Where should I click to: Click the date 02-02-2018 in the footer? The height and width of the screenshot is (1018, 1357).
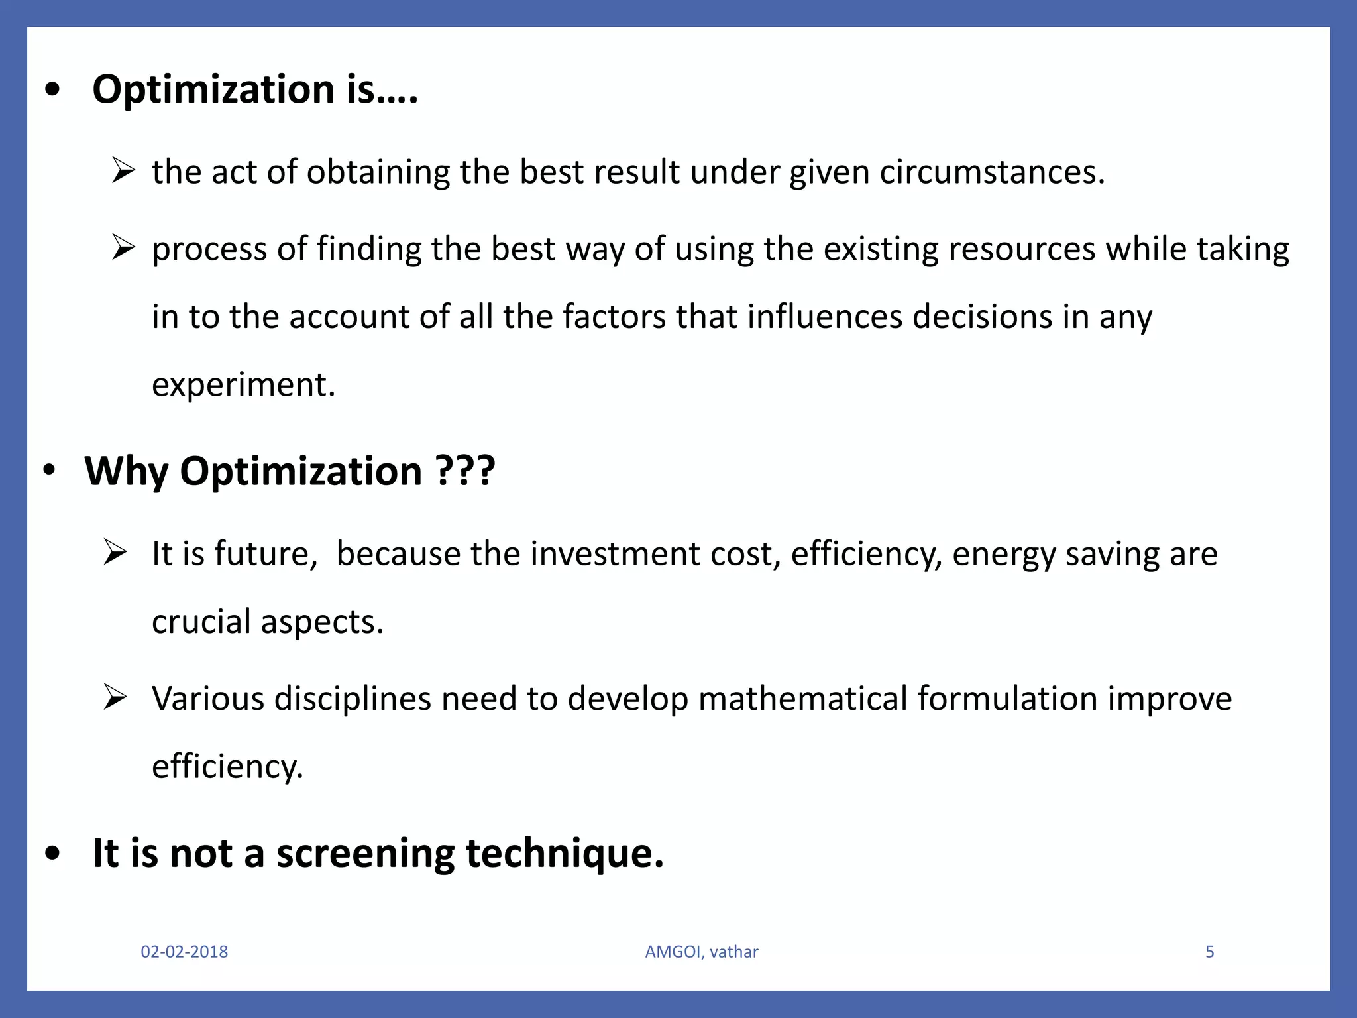tap(184, 952)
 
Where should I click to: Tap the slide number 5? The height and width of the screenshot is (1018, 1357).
tap(1209, 952)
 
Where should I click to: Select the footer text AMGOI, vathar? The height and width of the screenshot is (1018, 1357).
tap(702, 952)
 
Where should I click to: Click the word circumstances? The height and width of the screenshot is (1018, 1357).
tap(992, 172)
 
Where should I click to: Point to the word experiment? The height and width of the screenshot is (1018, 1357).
tap(243, 385)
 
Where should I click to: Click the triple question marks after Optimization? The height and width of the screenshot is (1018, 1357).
tap(466, 471)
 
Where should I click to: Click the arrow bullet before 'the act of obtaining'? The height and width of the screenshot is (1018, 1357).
tap(123, 170)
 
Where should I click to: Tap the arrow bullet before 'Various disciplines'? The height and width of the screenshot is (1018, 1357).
tap(115, 698)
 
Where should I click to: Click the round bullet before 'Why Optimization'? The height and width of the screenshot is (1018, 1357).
tap(49, 470)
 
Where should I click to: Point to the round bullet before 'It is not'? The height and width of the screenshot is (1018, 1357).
tap(53, 854)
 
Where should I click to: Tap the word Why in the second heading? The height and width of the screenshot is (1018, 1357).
tap(126, 471)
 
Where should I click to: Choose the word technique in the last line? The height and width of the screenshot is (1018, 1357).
tap(564, 854)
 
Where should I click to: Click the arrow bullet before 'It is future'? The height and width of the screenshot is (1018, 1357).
tap(115, 553)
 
